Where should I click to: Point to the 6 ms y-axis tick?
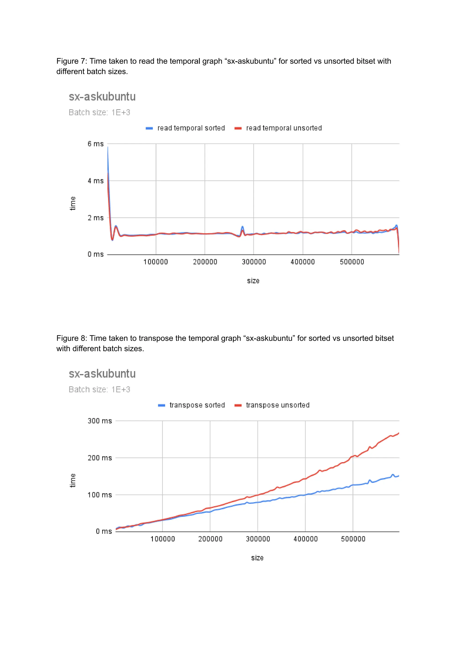pos(96,144)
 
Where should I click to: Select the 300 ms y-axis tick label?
pos(99,421)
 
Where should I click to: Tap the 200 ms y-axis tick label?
pos(99,458)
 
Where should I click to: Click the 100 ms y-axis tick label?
pos(99,495)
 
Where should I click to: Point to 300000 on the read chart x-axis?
pos(254,262)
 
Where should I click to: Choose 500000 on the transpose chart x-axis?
pos(353,539)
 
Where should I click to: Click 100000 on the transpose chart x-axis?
pos(163,539)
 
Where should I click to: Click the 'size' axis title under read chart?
pos(253,281)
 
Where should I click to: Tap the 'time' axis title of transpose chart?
pos(73,481)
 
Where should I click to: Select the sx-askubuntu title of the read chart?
pos(102,97)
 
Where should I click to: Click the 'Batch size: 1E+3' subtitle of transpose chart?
pos(99,390)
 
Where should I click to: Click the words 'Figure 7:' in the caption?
pos(72,61)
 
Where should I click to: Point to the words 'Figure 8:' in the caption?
pos(72,338)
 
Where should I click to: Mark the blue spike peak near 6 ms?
pos(108,147)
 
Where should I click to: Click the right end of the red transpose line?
pos(399,433)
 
